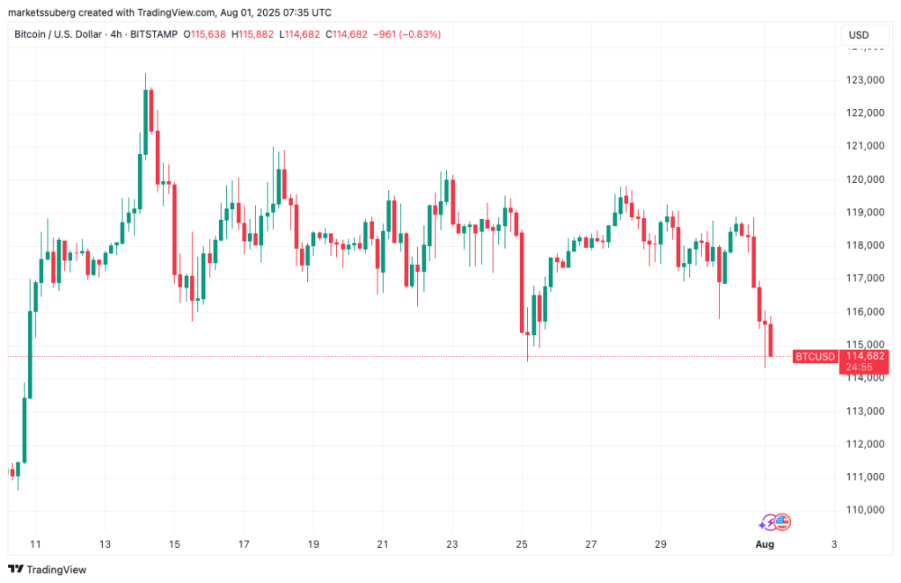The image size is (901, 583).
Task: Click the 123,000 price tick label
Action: (863, 80)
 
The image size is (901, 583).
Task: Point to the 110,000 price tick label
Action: (863, 510)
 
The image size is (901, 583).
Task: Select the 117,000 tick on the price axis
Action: (863, 279)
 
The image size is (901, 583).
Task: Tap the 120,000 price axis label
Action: (863, 179)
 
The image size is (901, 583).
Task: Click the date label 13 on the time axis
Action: (105, 544)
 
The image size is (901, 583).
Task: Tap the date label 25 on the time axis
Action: (522, 544)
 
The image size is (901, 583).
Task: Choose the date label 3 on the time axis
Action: (833, 544)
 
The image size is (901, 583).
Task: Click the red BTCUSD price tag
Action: (815, 356)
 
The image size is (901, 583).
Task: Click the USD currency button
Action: (858, 34)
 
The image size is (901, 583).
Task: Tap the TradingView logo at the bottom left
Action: (48, 569)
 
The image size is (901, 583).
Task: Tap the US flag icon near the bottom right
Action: (783, 522)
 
